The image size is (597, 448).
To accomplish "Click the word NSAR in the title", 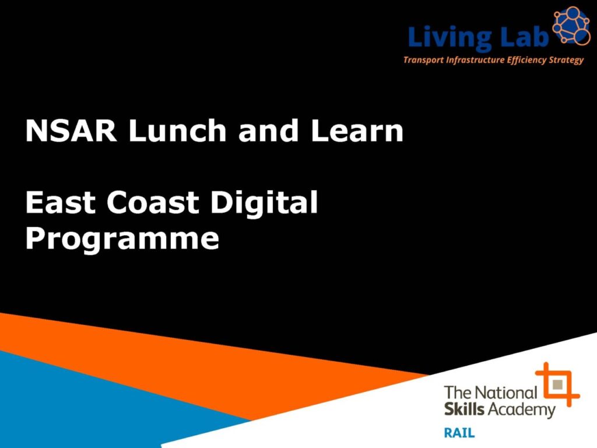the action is click(71, 131).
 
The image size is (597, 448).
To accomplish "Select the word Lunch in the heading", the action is click(177, 130).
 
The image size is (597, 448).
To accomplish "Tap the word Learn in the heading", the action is click(357, 131).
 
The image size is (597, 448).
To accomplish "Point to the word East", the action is click(60, 202).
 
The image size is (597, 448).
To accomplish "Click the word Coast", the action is click(153, 202).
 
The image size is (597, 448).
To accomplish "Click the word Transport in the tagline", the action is click(423, 60).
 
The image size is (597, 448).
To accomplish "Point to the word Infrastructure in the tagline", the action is click(475, 60).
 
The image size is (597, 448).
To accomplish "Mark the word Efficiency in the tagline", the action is click(526, 60).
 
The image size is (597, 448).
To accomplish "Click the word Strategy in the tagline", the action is click(566, 60).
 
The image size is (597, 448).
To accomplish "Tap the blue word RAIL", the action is click(459, 433).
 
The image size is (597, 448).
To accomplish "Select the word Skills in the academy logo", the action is click(464, 409).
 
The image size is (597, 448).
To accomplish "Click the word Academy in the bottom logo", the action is click(521, 410).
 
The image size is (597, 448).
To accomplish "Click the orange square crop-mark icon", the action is click(557, 384).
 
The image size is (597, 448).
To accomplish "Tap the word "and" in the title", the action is click(268, 130).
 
